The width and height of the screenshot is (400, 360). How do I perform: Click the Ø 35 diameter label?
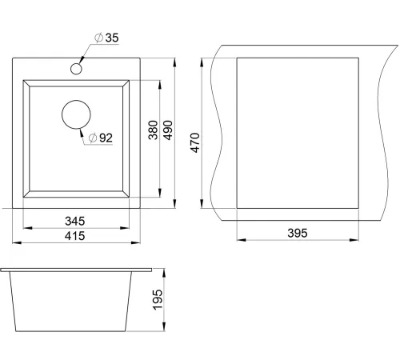[x=106, y=38]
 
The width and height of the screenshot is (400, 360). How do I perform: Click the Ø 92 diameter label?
[x=101, y=138]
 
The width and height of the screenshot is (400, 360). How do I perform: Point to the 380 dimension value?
[x=153, y=130]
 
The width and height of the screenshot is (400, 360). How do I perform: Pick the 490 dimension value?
[x=168, y=130]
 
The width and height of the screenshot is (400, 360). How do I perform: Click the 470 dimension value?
[x=195, y=142]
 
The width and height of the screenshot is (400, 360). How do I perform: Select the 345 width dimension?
[x=75, y=221]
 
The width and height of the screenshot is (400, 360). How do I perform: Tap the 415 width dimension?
[x=75, y=236]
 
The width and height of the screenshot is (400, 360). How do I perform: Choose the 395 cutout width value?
[x=298, y=233]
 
